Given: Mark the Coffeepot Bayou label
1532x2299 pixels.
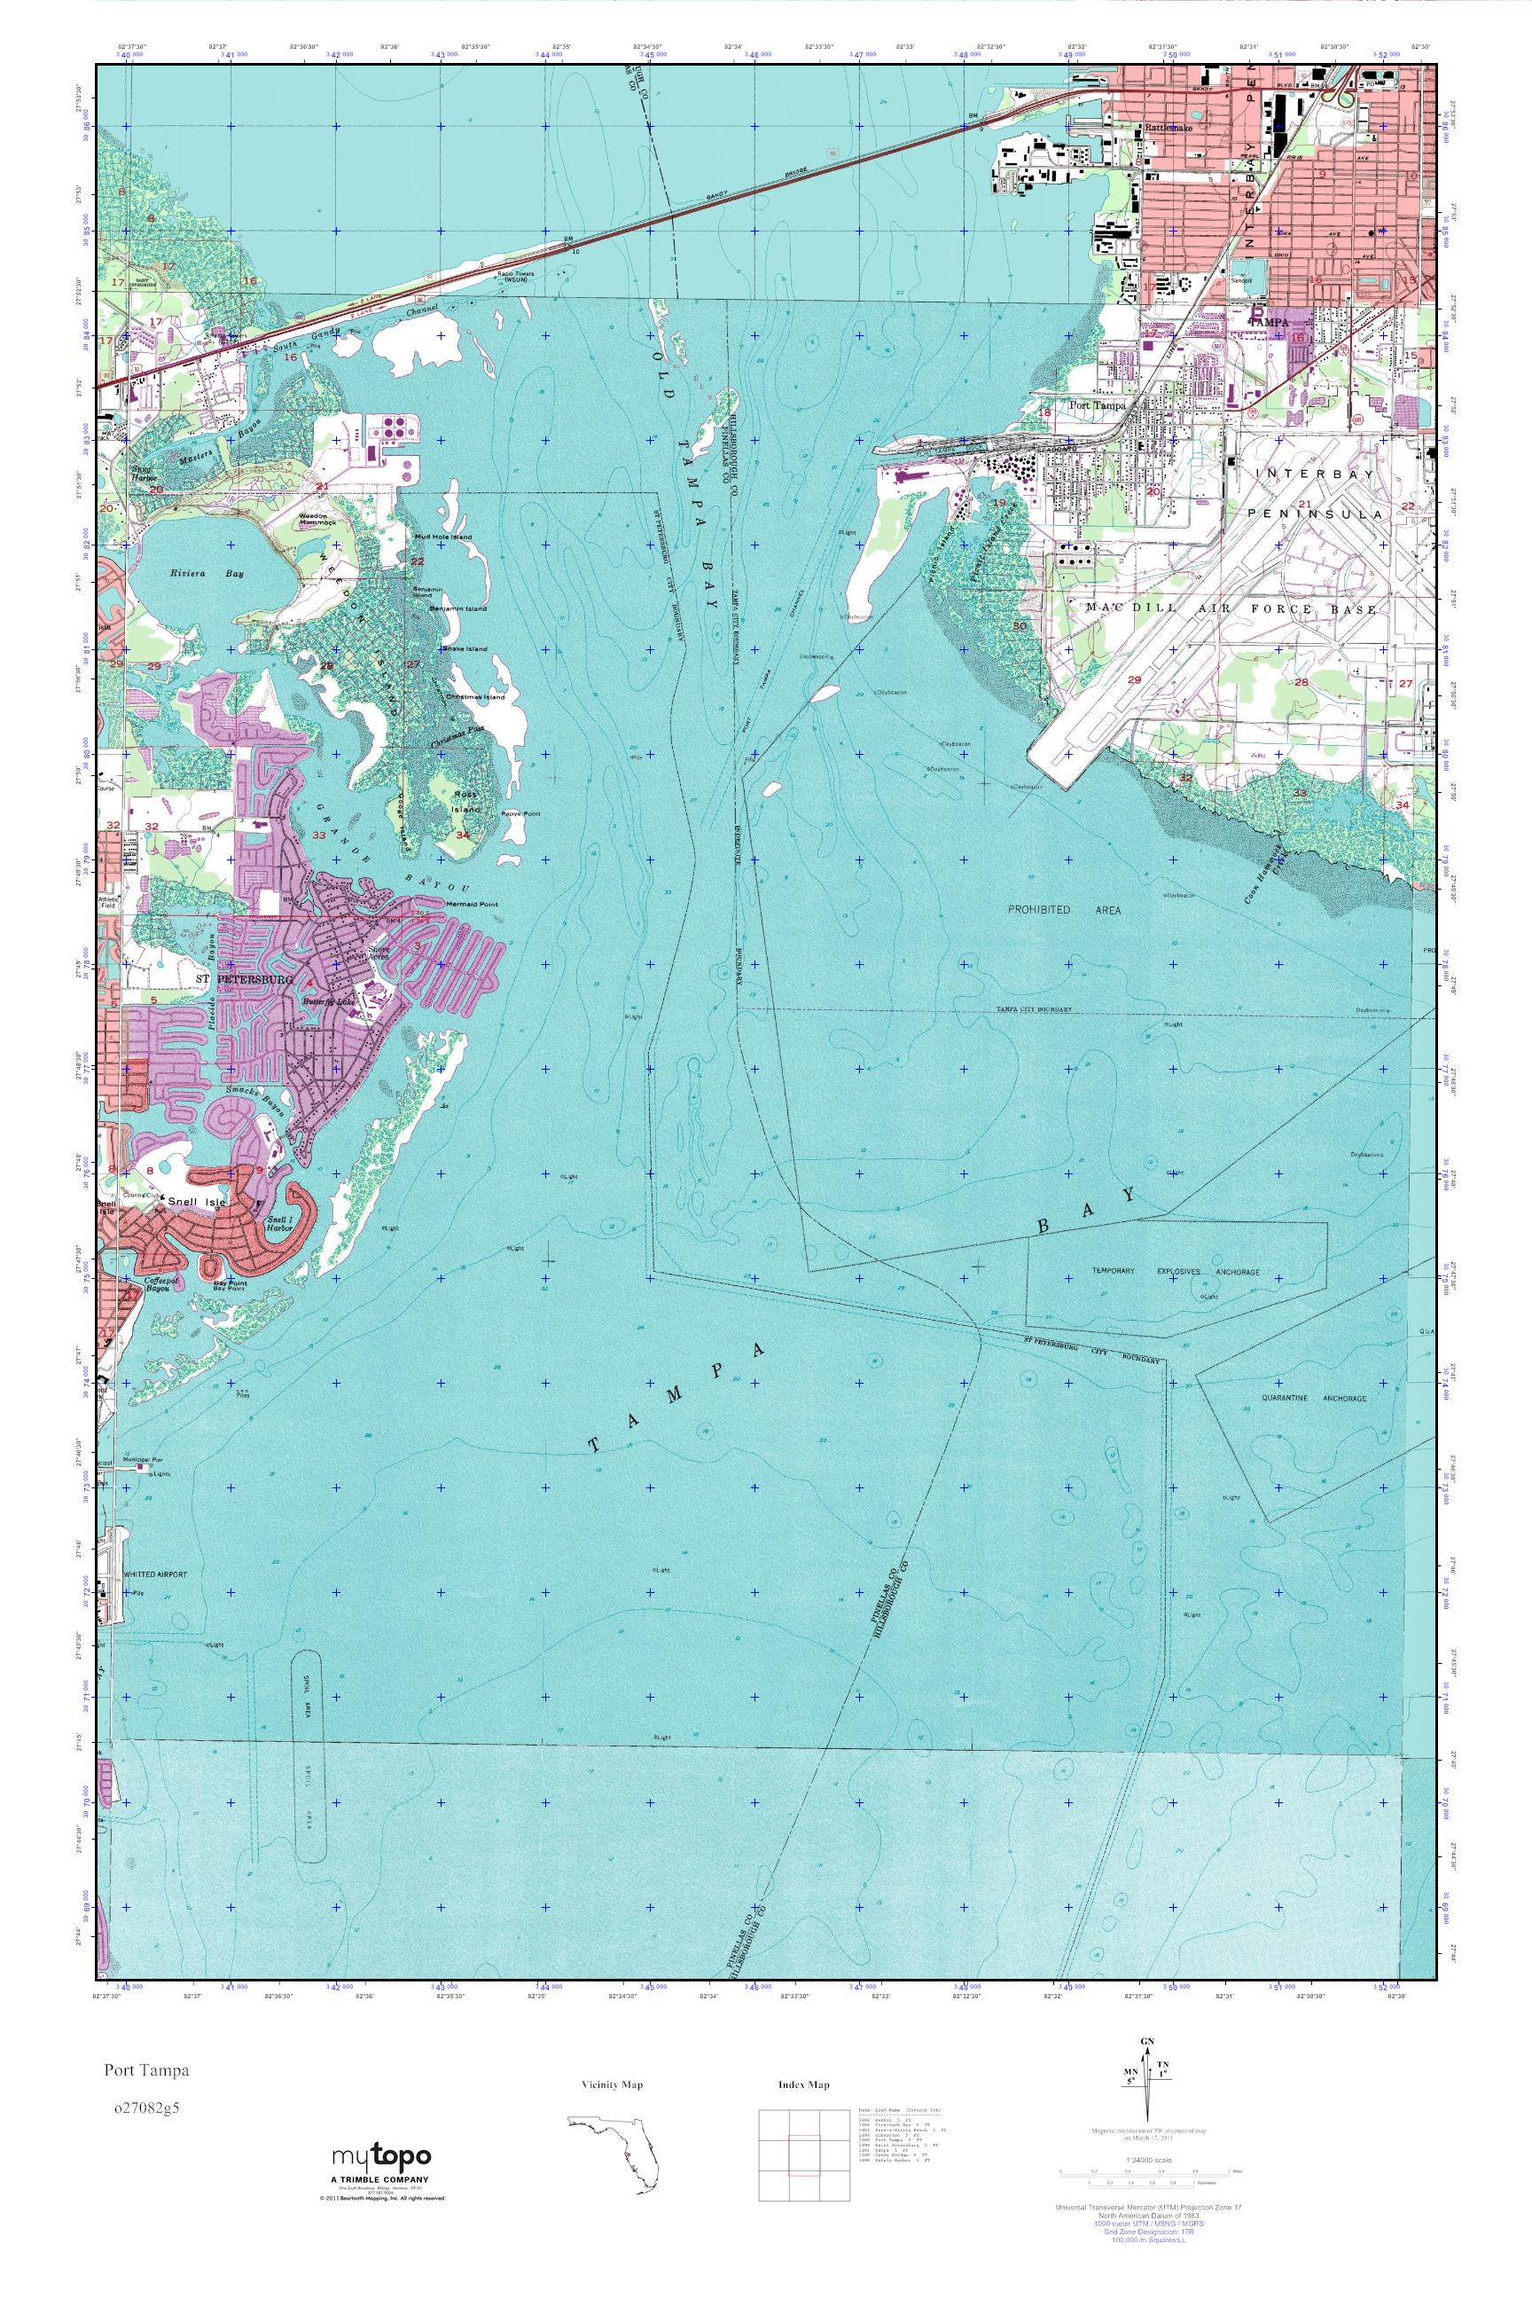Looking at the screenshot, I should point(165,1284).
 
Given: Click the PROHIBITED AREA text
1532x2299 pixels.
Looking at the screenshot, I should point(1064,909).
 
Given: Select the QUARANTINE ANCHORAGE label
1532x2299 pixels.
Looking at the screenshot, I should point(1314,1398).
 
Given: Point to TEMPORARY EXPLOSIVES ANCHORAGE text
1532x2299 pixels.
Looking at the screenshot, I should point(1176,1272).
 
